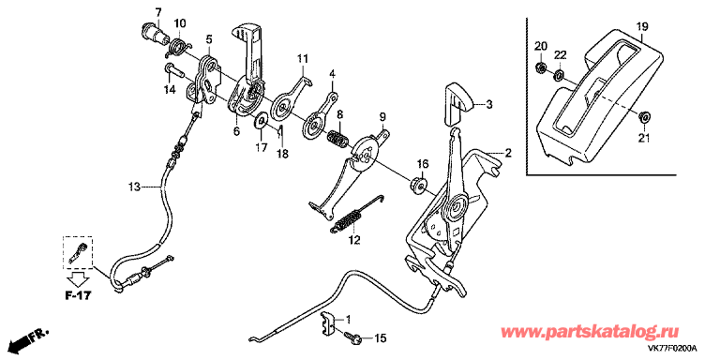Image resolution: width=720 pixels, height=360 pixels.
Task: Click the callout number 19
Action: [641, 26]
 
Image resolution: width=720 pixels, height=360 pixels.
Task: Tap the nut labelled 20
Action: [541, 68]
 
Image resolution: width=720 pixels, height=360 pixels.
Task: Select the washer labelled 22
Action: [559, 74]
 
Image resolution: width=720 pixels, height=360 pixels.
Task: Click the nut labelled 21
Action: [645, 115]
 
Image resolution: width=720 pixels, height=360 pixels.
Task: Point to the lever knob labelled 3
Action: [458, 104]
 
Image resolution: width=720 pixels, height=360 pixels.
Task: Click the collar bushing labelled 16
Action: [418, 184]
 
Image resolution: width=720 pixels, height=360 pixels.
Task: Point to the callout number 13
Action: [134, 187]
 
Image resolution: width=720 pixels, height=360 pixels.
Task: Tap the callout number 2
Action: [508, 154]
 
